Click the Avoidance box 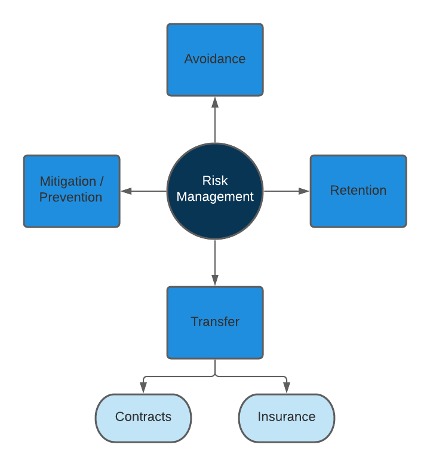click(x=215, y=60)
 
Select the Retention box click(x=358, y=191)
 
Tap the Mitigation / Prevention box click(x=72, y=191)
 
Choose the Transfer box click(x=215, y=323)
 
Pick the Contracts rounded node click(x=143, y=418)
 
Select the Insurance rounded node click(x=287, y=418)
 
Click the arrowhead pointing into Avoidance click(x=215, y=102)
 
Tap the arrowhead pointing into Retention click(x=304, y=191)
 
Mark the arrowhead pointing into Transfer click(x=215, y=280)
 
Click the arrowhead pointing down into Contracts click(x=143, y=388)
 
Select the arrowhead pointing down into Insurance click(x=287, y=388)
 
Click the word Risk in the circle click(x=215, y=181)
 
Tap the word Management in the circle click(x=215, y=197)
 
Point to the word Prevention click(x=70, y=197)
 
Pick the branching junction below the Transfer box click(x=215, y=376)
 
